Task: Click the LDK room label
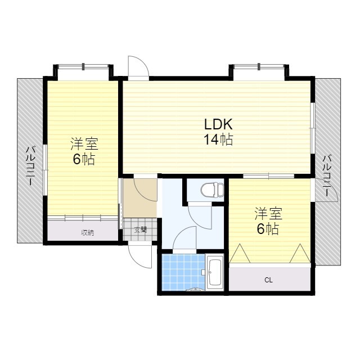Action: tap(218, 124)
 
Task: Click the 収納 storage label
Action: tap(87, 232)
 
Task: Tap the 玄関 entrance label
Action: tap(141, 229)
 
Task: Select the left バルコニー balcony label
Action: tap(31, 168)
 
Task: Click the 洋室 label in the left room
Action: tap(83, 143)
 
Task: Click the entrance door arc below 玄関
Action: tap(141, 256)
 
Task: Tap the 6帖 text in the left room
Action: tap(83, 159)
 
